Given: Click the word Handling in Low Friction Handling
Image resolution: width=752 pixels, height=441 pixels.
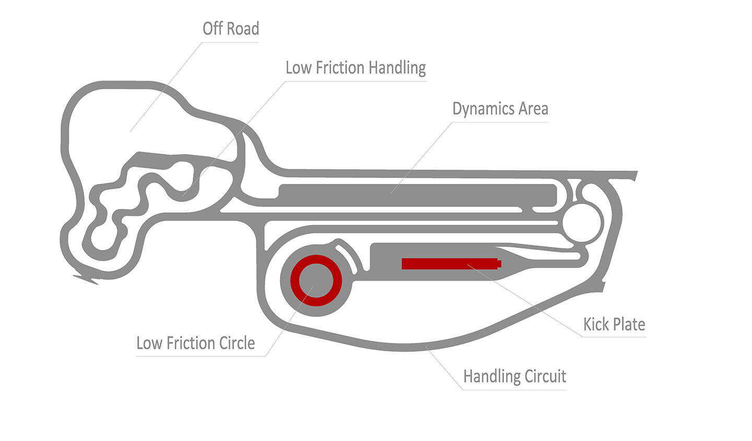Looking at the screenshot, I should point(397,68).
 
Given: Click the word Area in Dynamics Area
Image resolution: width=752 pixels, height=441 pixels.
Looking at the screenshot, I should point(533,109).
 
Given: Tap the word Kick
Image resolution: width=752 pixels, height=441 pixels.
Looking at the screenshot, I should point(596,325).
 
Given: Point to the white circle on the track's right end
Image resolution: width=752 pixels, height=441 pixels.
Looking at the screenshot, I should point(582,223).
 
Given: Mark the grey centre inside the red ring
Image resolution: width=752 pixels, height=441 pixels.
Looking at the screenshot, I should point(316,281).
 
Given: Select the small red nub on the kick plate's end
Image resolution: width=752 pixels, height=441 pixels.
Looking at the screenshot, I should point(499,264).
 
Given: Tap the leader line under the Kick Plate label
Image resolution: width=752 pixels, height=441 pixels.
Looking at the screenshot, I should point(614,337).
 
